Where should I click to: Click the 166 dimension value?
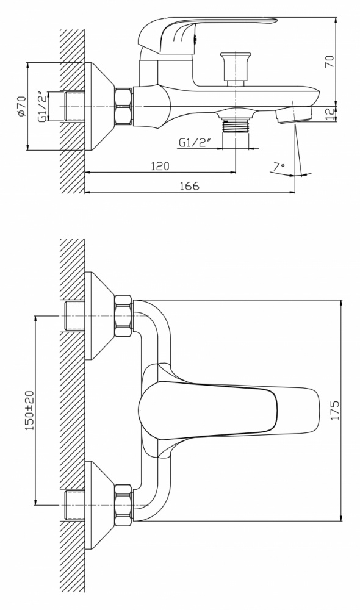tap(190, 186)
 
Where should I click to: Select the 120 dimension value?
tap(160, 166)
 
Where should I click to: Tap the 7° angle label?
tap(278, 167)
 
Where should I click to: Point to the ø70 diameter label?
tap(21, 106)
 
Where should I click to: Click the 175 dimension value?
tap(335, 410)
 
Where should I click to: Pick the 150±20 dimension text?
tap(30, 411)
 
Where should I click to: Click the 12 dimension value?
tap(329, 113)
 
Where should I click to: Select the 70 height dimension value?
tap(329, 62)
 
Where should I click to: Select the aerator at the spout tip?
tap(294, 115)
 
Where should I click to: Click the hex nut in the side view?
tap(124, 107)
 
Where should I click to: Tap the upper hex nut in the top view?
tap(124, 315)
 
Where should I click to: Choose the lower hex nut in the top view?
tap(124, 504)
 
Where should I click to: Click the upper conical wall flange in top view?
tap(99, 315)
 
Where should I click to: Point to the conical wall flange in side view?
tap(99, 107)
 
